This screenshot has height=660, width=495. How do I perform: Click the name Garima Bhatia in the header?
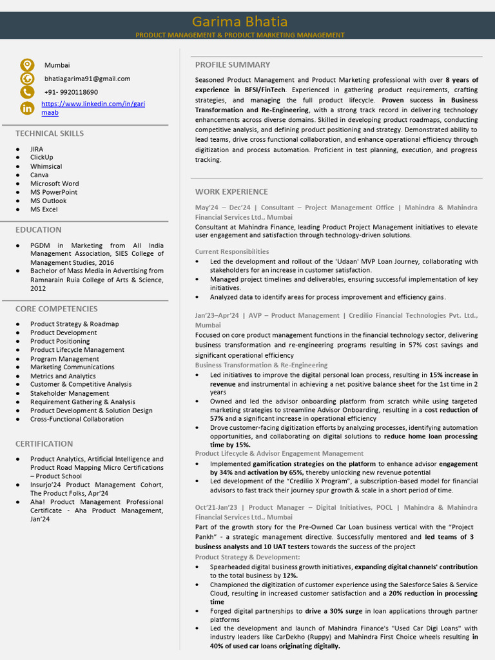coord(239,21)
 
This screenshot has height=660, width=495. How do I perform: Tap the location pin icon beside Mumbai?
coord(26,65)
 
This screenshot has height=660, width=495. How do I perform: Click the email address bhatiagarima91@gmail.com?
coord(87,79)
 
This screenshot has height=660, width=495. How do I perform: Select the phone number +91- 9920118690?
coord(71,92)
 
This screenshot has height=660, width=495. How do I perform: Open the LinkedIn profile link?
coord(93,108)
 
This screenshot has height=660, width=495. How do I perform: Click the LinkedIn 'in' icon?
coord(26,108)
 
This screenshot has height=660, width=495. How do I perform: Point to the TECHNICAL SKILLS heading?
coord(50,133)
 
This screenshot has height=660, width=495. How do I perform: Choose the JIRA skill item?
coord(37,149)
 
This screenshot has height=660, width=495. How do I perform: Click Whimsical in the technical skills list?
coord(46,166)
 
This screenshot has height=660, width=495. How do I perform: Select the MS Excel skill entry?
coord(44,209)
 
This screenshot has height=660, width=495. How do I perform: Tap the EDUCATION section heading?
coord(39,229)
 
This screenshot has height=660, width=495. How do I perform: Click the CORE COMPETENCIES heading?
coord(57,309)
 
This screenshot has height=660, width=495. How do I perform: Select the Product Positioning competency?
coord(60,341)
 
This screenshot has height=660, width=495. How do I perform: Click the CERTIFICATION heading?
coord(44,443)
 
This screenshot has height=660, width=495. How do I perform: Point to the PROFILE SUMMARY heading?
coord(233,64)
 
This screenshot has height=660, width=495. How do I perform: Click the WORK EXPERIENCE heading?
coord(231,191)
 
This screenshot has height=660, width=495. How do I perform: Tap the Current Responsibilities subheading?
coord(232,251)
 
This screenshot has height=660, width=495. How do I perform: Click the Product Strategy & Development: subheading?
coord(247,557)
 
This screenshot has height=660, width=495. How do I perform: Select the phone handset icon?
coord(26,92)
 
